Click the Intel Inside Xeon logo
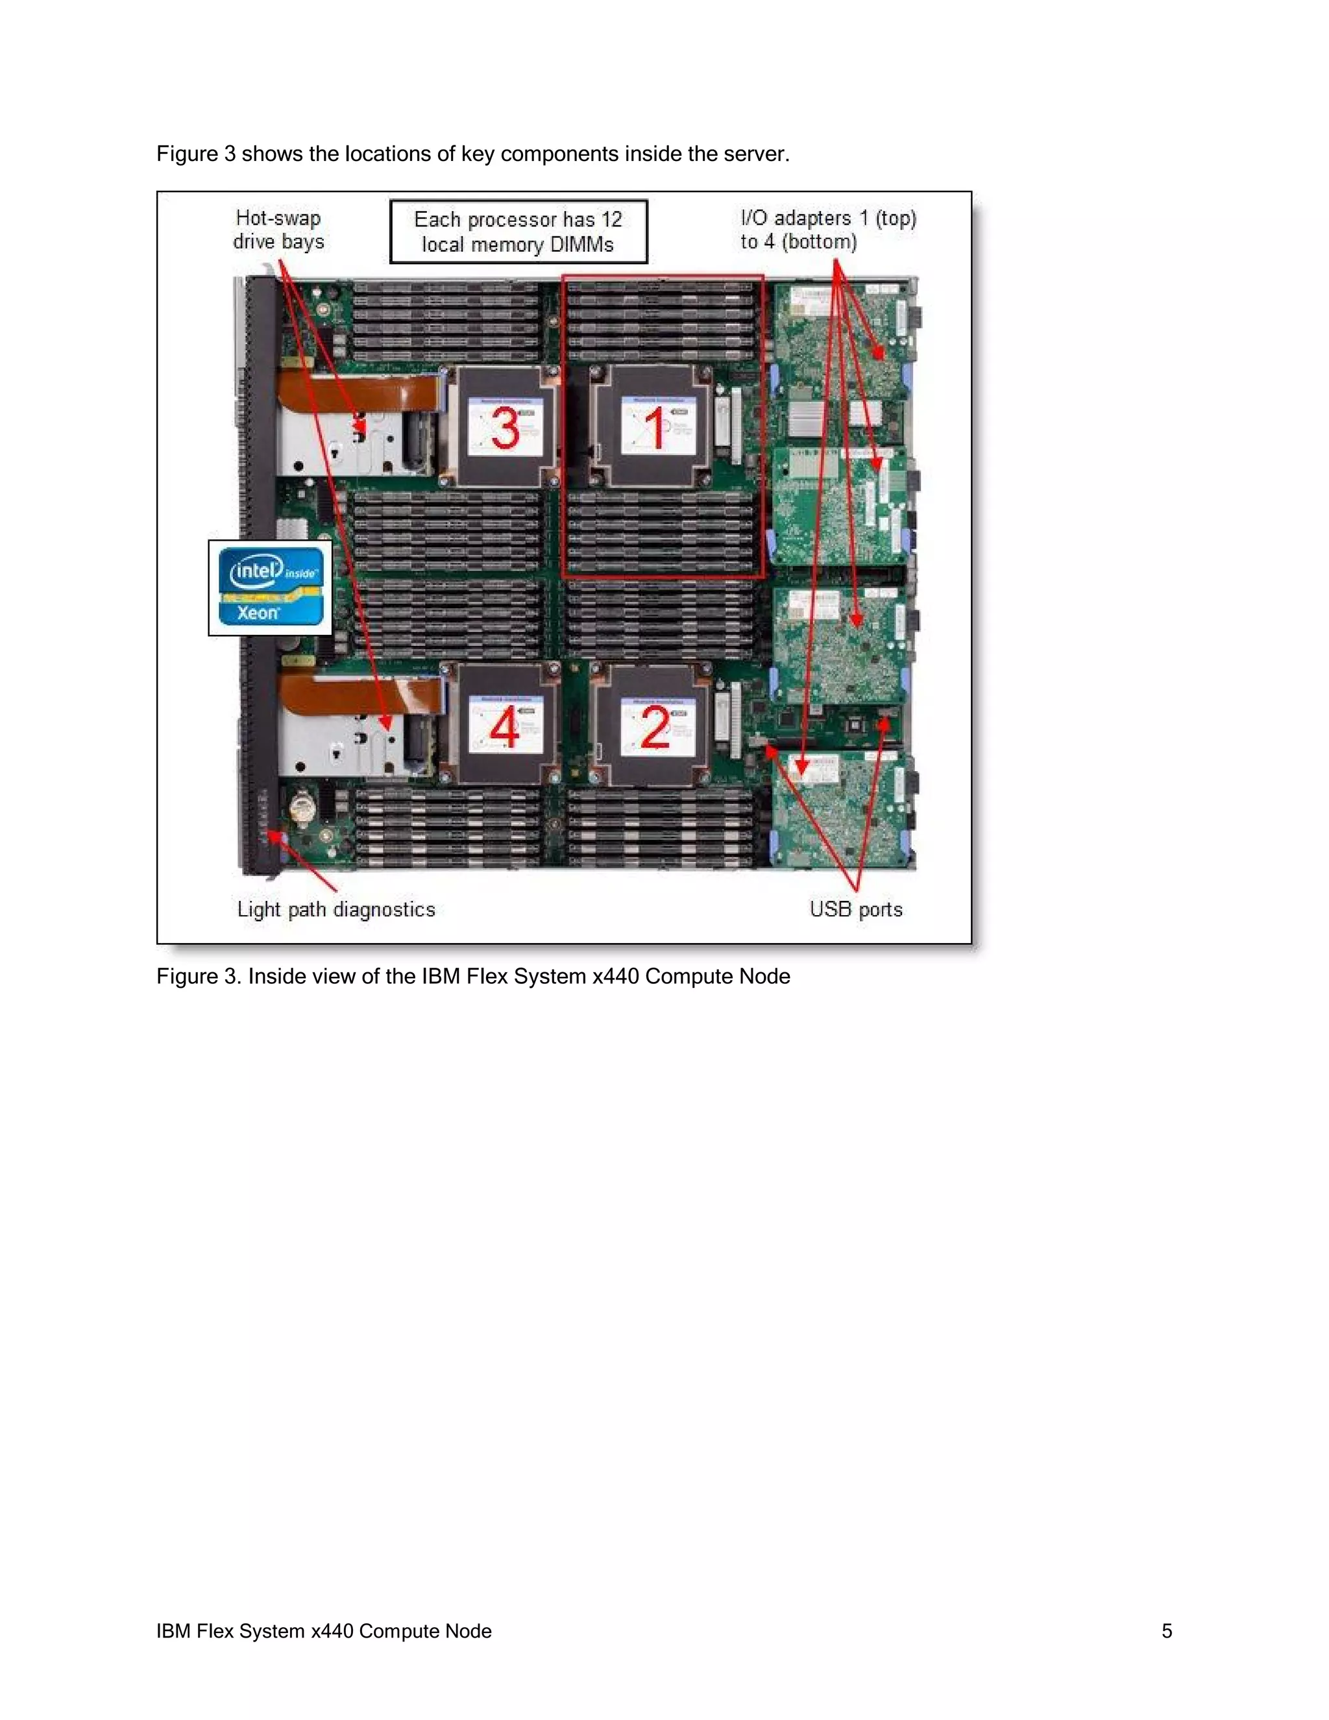[x=270, y=587]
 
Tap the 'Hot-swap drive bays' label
[x=278, y=230]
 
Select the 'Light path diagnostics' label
[x=336, y=909]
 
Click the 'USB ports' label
[x=856, y=909]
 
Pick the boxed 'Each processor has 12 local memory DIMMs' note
[x=518, y=232]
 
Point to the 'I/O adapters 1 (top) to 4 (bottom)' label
[x=827, y=230]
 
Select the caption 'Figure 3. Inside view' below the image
[x=473, y=977]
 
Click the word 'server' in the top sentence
[x=755, y=154]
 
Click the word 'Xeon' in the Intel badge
[x=258, y=613]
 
